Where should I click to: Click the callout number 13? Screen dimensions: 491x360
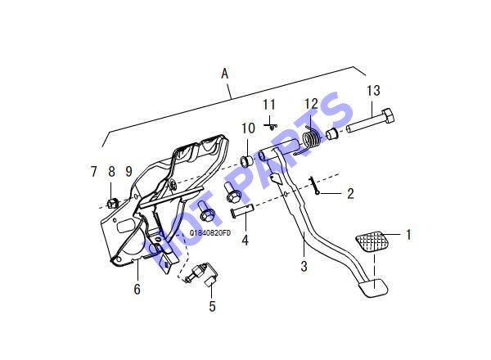[374, 91]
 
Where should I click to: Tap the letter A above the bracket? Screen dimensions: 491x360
[225, 74]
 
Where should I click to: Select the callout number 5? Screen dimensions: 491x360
[212, 306]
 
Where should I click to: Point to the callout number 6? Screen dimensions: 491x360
[137, 289]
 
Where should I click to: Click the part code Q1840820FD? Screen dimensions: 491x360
[210, 233]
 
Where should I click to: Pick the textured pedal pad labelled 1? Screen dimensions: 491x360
[372, 241]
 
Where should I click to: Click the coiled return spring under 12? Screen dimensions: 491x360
[312, 142]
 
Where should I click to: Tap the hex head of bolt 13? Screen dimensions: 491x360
[388, 116]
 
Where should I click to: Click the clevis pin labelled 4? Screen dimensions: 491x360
[242, 209]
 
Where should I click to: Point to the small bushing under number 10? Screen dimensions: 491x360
[246, 160]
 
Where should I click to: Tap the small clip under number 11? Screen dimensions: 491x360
[271, 126]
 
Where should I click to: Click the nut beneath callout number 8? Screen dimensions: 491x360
[112, 204]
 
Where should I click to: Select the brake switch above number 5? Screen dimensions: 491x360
[200, 273]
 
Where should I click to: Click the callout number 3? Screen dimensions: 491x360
[304, 267]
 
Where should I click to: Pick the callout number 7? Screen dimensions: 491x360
[93, 172]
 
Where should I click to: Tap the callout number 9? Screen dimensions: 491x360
[128, 171]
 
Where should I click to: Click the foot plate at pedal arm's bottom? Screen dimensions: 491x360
[372, 287]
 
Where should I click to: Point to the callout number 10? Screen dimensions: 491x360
[248, 128]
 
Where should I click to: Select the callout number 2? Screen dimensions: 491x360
[350, 194]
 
